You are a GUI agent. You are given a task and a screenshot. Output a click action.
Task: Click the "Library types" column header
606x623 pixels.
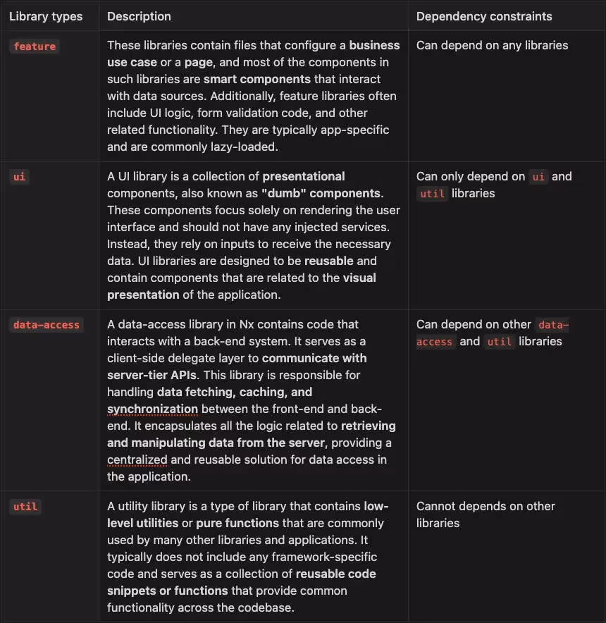(x=46, y=16)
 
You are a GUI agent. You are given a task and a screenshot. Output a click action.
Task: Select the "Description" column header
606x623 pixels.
(x=139, y=16)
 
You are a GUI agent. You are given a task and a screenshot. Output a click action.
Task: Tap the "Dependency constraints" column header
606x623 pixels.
(x=484, y=16)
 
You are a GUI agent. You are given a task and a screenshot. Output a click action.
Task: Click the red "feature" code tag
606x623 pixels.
(x=35, y=47)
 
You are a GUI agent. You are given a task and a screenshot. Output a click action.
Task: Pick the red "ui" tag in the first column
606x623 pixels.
(x=19, y=177)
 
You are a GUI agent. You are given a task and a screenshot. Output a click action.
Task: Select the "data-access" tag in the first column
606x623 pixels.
(x=47, y=325)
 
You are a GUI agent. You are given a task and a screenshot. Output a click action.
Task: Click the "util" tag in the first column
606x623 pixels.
(x=25, y=507)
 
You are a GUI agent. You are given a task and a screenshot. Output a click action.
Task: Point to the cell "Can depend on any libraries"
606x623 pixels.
(x=492, y=46)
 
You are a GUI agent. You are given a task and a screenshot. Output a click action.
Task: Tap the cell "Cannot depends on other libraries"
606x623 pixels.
(x=485, y=514)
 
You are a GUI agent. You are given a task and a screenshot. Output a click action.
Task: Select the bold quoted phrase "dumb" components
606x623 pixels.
(x=321, y=193)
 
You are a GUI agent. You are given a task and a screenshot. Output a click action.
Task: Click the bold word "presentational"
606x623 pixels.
(x=304, y=176)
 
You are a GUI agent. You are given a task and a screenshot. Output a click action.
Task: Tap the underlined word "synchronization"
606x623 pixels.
(x=152, y=409)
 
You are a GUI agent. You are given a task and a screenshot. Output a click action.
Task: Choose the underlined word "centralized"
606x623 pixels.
(x=137, y=459)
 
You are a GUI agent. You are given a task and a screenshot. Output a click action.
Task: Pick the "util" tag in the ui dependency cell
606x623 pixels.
(x=432, y=194)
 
